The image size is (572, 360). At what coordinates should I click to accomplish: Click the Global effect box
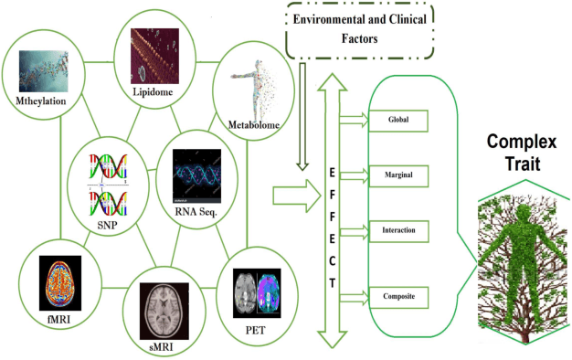point(397,118)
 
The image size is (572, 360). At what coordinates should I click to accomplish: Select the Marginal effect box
point(397,172)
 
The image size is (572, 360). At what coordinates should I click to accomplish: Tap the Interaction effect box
point(397,229)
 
